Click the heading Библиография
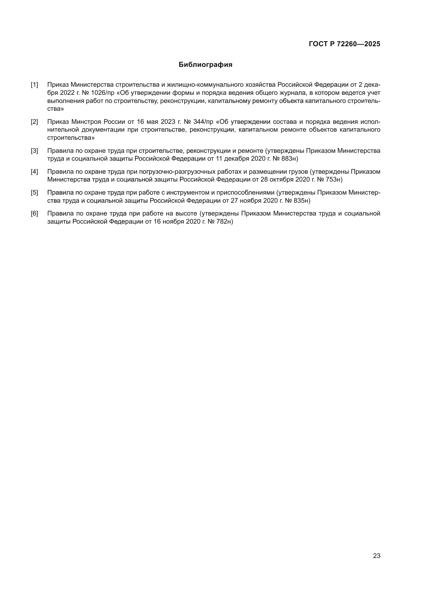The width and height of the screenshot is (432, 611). click(205, 65)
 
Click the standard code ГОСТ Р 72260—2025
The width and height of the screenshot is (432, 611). click(345, 44)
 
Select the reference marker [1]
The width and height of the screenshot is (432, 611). click(34, 85)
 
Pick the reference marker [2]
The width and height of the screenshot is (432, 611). click(34, 122)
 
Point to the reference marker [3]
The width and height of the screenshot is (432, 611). click(34, 151)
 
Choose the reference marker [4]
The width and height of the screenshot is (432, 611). click(34, 172)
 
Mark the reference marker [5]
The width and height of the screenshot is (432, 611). click(34, 193)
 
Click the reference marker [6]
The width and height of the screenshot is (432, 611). click(34, 213)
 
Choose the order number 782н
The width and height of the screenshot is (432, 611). click(223, 222)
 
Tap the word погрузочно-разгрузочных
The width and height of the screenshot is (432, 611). click(177, 172)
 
